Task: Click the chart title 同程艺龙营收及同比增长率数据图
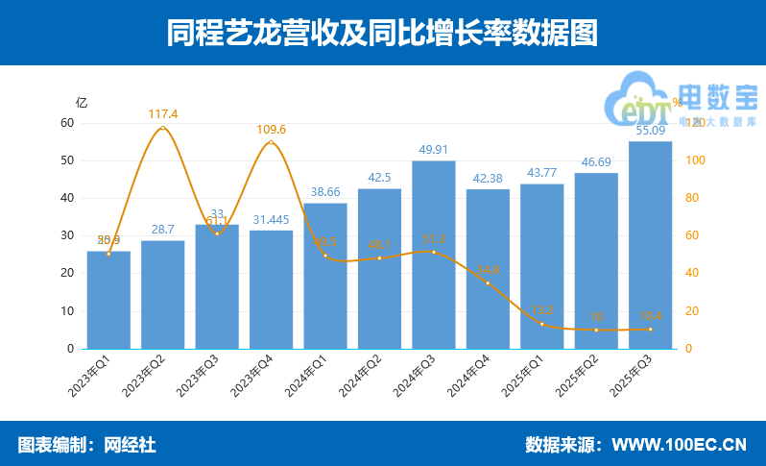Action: [382, 33]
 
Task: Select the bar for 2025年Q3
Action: [650, 245]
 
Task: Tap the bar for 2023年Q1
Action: [108, 300]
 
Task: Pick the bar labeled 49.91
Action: [433, 255]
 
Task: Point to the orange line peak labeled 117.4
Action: [163, 128]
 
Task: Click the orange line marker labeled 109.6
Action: [272, 143]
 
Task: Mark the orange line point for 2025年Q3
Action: [650, 330]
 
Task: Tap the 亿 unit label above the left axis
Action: [82, 102]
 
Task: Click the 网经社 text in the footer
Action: [130, 445]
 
